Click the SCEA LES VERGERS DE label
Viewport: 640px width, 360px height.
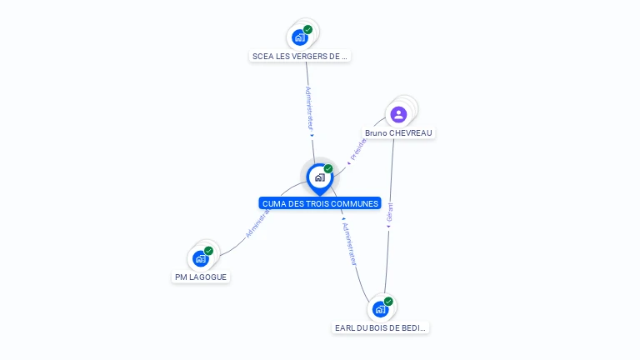pyautogui.click(x=299, y=57)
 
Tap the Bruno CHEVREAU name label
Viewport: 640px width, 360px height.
pyautogui.click(x=399, y=133)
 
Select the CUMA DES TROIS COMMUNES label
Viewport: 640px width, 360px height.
pyautogui.click(x=320, y=203)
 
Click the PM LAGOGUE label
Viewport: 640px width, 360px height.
pyautogui.click(x=201, y=277)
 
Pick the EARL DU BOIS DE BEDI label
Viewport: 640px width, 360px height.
pyautogui.click(x=380, y=328)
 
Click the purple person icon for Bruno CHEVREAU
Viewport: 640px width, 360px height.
pyautogui.click(x=398, y=115)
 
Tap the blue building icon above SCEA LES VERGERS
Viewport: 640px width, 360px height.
pyautogui.click(x=299, y=37)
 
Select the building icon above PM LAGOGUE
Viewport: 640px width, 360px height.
pyautogui.click(x=200, y=258)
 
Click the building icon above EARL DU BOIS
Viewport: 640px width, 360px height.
pyautogui.click(x=380, y=309)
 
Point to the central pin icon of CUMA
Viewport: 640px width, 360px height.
pyautogui.click(x=319, y=177)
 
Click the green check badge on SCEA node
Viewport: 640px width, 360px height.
pyautogui.click(x=308, y=30)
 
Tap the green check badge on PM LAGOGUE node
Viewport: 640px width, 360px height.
pyautogui.click(x=209, y=251)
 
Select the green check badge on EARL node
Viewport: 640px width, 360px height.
pyautogui.click(x=389, y=302)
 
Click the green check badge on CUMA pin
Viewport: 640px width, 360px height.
pyautogui.click(x=328, y=169)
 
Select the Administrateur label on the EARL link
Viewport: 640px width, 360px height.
pyautogui.click(x=350, y=243)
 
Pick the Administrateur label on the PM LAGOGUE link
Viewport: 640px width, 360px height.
pyautogui.click(x=258, y=223)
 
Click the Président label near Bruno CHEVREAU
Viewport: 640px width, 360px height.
pyautogui.click(x=359, y=148)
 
